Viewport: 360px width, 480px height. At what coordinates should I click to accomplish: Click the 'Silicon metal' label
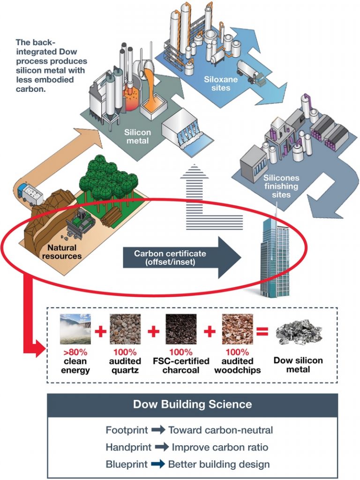click(x=136, y=136)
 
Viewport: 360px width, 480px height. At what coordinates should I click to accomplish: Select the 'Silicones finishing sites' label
click(x=281, y=186)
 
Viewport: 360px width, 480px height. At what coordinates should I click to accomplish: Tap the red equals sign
click(x=262, y=332)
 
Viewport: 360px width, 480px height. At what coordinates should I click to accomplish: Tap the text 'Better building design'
click(x=219, y=465)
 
